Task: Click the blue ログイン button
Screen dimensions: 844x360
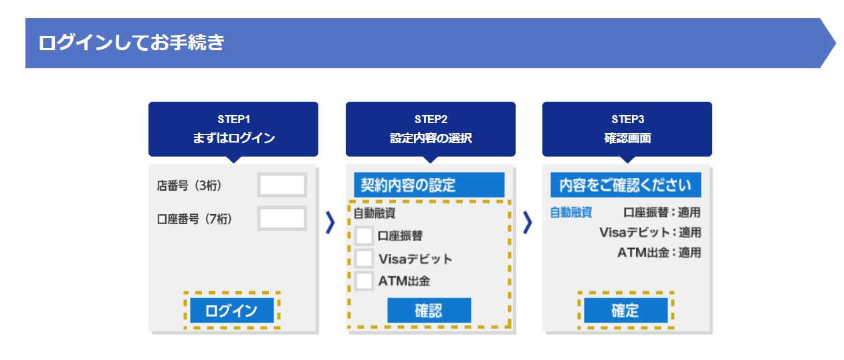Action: coord(231,310)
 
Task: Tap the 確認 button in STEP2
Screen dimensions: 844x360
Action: coord(429,310)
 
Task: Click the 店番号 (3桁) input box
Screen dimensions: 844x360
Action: coord(282,185)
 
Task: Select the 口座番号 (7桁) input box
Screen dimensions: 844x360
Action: coord(282,219)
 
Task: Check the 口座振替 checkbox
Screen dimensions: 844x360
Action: coord(364,236)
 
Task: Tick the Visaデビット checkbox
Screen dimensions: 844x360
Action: coord(364,258)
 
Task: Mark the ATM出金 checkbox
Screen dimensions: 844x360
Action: coord(364,281)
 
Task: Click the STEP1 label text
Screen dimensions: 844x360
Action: coord(233,120)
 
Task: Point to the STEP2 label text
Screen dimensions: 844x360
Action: coord(431,120)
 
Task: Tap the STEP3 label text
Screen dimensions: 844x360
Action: coord(627,120)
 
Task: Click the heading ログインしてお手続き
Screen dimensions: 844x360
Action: coord(132,43)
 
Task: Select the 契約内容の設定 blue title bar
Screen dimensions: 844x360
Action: coord(429,185)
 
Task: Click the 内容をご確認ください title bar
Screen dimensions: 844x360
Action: coord(625,185)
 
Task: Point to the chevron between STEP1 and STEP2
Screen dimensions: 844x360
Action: coord(330,223)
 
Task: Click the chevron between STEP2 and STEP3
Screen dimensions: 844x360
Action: coord(528,223)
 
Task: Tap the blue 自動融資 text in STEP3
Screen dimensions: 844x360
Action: coord(570,213)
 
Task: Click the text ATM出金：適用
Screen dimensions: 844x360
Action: coord(659,253)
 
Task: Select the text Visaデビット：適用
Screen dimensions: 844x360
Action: coord(650,233)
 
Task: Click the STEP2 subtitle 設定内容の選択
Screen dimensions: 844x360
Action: coord(431,139)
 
